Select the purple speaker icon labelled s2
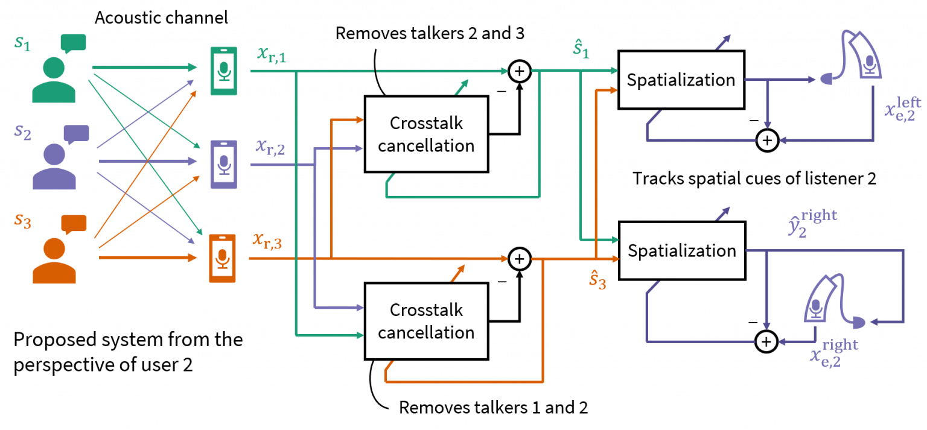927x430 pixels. tap(54, 166)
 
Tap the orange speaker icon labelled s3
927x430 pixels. tap(54, 260)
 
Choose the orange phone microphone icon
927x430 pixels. tap(223, 258)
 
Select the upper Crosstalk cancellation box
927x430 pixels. tap(426, 134)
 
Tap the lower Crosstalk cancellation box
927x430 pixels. tap(426, 321)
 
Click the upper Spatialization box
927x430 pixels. tap(681, 80)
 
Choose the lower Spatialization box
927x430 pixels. tap(681, 250)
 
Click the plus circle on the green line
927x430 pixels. tap(519, 71)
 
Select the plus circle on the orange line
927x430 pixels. tap(519, 259)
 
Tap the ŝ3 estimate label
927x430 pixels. tap(597, 279)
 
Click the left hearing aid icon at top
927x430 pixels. tap(860, 57)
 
